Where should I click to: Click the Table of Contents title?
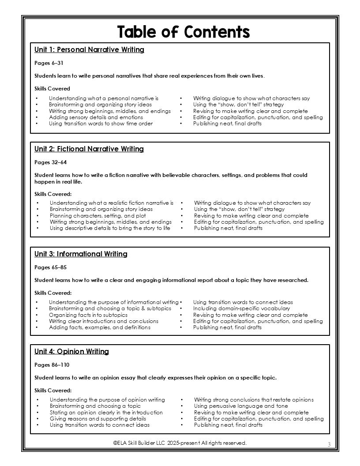(x=183, y=32)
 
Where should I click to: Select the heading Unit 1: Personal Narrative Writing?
(x=89, y=50)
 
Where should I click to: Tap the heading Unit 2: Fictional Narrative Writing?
(x=89, y=149)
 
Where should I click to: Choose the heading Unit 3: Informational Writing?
(x=81, y=254)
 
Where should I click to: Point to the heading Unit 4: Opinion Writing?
(x=71, y=352)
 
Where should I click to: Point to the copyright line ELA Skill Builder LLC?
(x=180, y=443)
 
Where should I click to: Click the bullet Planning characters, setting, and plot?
(x=98, y=216)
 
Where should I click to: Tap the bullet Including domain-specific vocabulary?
(x=241, y=308)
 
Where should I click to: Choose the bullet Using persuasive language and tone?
(x=241, y=406)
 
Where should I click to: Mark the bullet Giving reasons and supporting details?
(x=98, y=419)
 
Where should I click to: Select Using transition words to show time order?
(x=101, y=124)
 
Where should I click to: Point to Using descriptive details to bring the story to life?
(x=110, y=228)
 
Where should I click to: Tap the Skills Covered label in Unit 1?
(x=52, y=89)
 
